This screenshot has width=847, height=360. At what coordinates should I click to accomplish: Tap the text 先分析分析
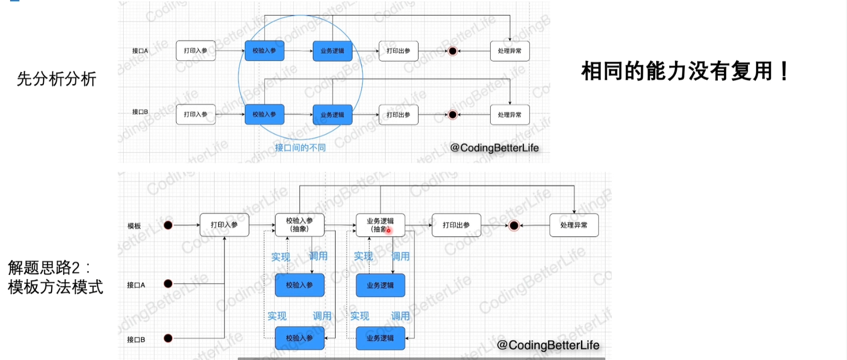point(56,79)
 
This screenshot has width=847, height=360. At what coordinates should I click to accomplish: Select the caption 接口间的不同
point(300,147)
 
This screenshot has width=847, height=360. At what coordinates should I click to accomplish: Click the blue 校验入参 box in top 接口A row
point(264,51)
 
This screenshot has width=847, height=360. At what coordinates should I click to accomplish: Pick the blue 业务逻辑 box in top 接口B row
point(332,115)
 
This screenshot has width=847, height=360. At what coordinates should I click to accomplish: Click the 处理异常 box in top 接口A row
point(510,51)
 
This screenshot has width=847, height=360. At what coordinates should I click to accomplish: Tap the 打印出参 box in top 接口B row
point(398,115)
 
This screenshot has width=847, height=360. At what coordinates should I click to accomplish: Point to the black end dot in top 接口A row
point(453,51)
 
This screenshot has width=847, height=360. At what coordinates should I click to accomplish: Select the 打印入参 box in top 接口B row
point(195,115)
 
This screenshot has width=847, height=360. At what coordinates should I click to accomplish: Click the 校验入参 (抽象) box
point(299,225)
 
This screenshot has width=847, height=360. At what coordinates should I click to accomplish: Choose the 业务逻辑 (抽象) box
point(380,225)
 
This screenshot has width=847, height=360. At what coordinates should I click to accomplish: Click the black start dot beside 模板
point(168,225)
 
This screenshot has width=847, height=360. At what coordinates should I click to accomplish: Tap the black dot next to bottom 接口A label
point(168,284)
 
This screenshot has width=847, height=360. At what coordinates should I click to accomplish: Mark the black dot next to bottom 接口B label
point(168,338)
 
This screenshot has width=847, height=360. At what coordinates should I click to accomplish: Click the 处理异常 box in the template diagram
point(574,225)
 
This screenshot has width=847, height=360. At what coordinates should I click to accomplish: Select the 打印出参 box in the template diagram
point(456,225)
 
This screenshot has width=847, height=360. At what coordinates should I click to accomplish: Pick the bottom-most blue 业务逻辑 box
point(380,338)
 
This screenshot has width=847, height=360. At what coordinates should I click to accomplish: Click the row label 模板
point(134,226)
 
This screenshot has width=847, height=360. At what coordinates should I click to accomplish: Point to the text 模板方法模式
point(56,287)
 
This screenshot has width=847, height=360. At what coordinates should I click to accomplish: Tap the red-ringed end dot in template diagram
point(514,225)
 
